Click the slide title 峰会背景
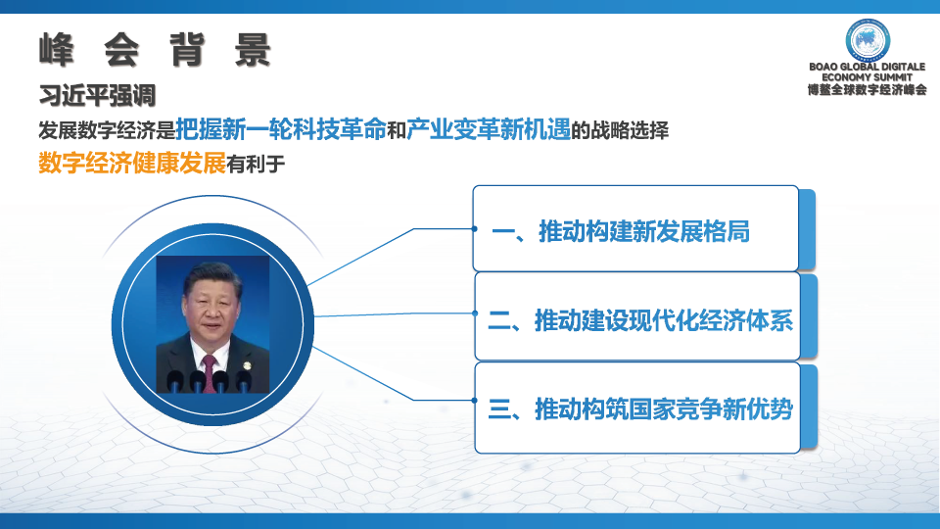(155, 49)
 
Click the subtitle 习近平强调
(97, 95)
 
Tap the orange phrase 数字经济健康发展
(132, 163)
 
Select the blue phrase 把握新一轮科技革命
(281, 129)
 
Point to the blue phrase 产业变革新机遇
(489, 129)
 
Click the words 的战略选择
(619, 130)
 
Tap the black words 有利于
(256, 164)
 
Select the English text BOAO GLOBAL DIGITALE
(867, 67)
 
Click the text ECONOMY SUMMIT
(867, 77)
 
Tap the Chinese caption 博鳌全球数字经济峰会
(867, 90)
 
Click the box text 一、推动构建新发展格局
(621, 231)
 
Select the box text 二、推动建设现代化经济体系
(640, 320)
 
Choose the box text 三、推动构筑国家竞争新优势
(640, 409)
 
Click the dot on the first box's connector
(474, 228)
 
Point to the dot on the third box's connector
(474, 400)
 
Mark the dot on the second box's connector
(475, 313)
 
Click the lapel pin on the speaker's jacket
(246, 365)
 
